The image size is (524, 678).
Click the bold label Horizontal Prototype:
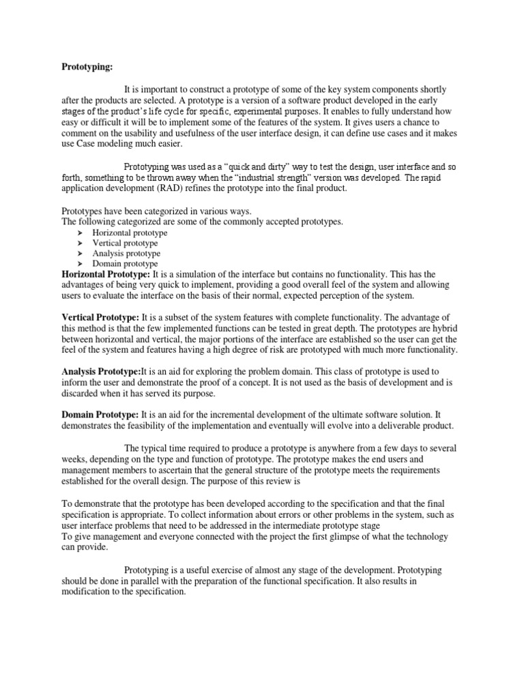click(x=106, y=274)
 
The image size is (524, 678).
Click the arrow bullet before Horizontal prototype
click(x=80, y=233)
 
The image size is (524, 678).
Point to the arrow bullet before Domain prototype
click(x=80, y=263)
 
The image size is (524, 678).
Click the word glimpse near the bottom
click(x=343, y=537)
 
